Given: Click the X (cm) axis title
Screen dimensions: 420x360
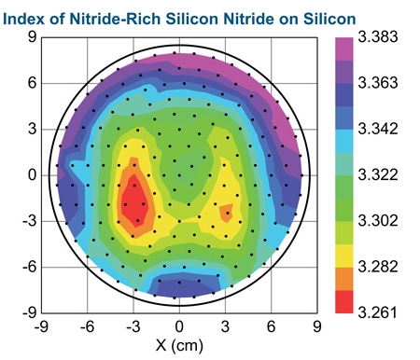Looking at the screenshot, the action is (179, 344).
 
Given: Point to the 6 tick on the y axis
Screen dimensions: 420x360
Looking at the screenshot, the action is (32, 83).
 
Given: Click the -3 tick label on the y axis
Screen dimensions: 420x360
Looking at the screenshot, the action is (30, 221).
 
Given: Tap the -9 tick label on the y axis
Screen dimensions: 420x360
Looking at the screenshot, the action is (30, 312).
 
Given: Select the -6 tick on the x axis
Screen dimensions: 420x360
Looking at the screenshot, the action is (88, 326).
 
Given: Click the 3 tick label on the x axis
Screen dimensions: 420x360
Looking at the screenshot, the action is (225, 326).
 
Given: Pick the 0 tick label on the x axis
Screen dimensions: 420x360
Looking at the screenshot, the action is (179, 326).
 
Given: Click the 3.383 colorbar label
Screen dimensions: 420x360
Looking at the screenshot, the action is (378, 36).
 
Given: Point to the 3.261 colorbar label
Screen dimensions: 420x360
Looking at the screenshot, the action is (378, 312).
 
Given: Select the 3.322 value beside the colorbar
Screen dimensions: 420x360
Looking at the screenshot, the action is (378, 174).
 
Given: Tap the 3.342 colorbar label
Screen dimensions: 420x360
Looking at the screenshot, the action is (378, 129).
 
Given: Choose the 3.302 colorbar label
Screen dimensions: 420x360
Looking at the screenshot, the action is (378, 220).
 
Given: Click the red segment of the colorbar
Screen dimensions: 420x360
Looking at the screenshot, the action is (344, 302).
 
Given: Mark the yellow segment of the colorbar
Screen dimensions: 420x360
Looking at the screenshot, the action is (344, 256).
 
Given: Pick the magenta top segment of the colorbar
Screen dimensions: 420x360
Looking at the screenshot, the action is (344, 48).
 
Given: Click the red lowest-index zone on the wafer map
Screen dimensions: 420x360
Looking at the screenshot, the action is (134, 200).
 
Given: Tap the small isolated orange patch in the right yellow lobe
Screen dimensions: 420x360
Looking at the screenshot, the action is (227, 213).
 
